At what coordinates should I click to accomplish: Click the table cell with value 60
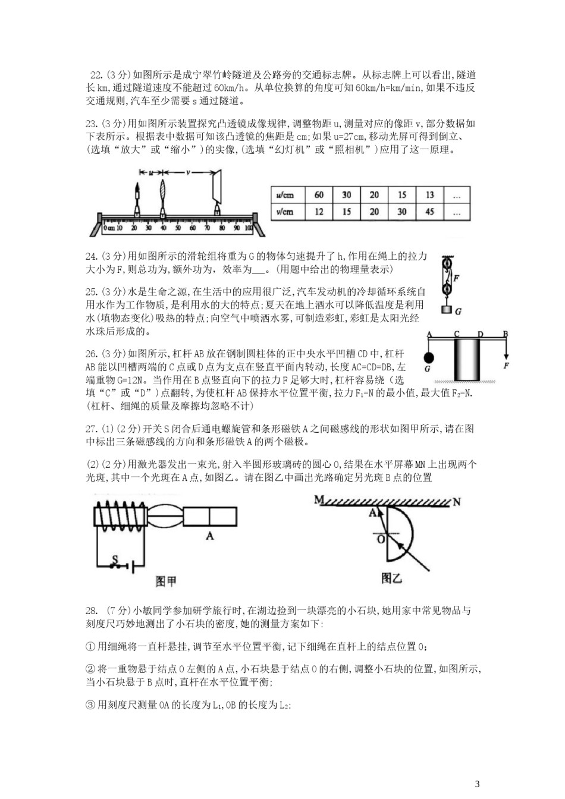tap(319, 195)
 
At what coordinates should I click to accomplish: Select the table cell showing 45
tap(429, 212)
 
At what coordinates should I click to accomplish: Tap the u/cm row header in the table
tap(285, 195)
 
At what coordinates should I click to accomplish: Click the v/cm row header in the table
tap(285, 212)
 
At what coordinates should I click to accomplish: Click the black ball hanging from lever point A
tap(429, 358)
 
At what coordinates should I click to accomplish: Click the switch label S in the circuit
tap(116, 559)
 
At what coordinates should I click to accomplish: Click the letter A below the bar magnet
tap(209, 536)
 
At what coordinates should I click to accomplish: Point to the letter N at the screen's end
tap(457, 501)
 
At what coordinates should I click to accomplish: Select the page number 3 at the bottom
tap(477, 783)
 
